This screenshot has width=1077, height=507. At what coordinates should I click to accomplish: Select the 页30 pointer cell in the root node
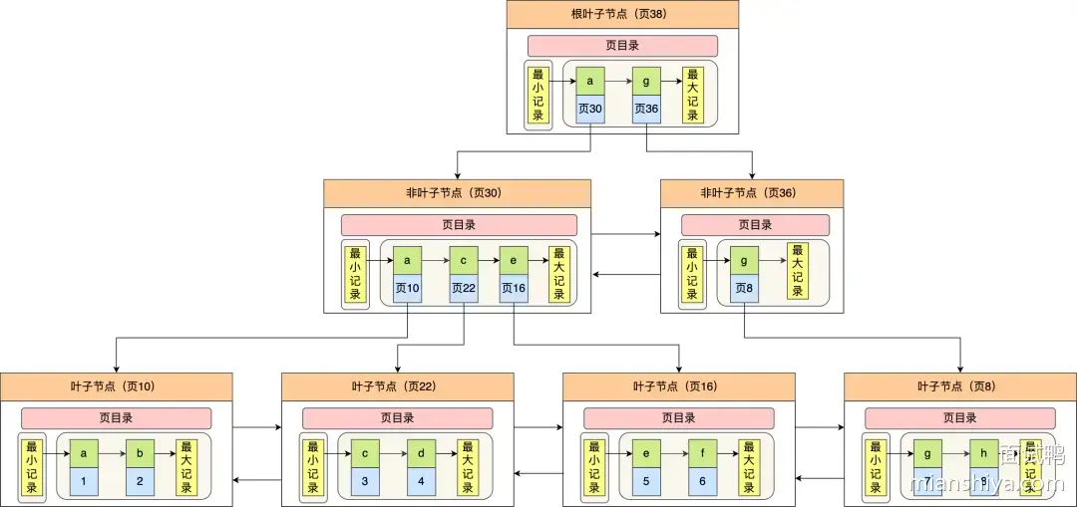pos(590,110)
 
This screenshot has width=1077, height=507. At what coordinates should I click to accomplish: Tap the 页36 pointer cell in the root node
pos(646,110)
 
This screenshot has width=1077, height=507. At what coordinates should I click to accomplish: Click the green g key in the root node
pos(646,81)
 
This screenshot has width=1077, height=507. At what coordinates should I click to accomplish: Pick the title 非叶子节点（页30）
pos(457,193)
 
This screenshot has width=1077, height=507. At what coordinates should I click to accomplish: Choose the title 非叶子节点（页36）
pos(752,193)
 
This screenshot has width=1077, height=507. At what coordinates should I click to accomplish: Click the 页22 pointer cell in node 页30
pos(464,289)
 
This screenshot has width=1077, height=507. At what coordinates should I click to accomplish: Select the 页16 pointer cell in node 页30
pos(513,289)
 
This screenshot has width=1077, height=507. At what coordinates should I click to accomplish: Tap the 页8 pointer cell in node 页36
pos(744,289)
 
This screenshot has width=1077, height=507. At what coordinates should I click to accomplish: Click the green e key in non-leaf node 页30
pos(513,260)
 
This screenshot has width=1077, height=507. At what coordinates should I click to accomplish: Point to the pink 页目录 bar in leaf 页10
pos(117,418)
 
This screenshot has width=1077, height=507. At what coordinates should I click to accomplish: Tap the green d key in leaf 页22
pos(421,453)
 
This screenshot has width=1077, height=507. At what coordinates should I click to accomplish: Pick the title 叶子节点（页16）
pos(678,386)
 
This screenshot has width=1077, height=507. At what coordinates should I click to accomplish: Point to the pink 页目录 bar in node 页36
pos(755,225)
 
